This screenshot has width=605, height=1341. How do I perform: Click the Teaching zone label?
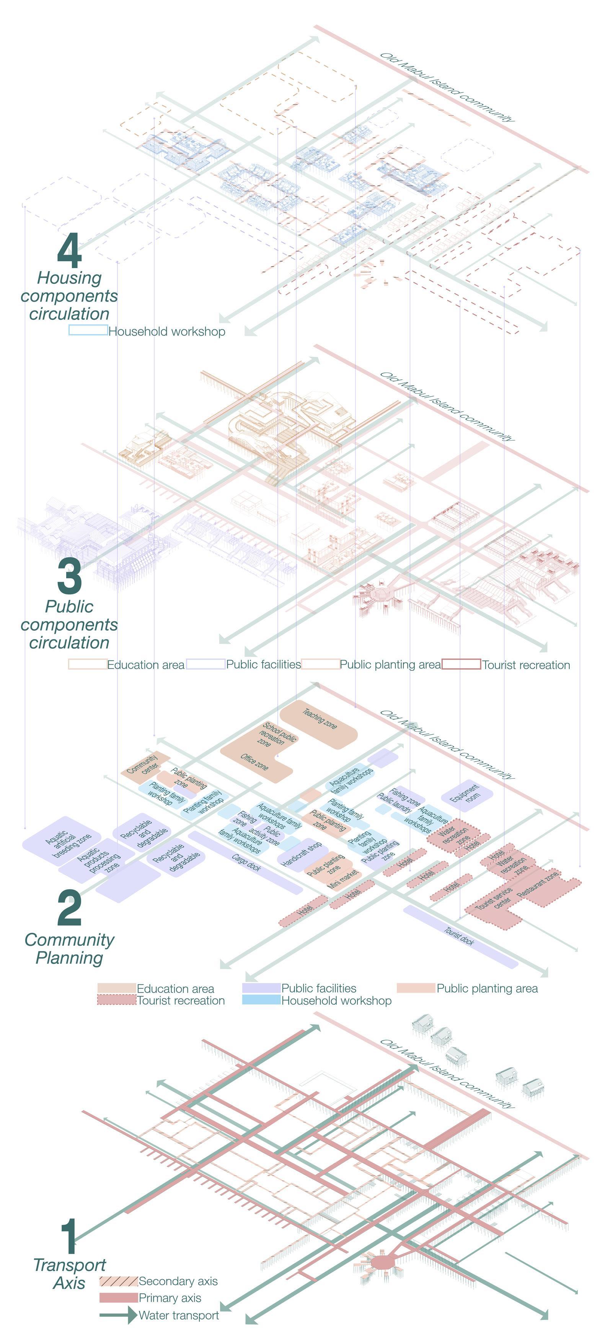click(x=320, y=719)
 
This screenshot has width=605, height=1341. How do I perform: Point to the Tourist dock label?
click(x=459, y=936)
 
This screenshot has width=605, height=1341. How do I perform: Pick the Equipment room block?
click(x=467, y=794)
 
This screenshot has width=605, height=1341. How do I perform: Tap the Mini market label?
click(x=342, y=878)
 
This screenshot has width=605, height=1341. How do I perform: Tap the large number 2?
click(x=69, y=908)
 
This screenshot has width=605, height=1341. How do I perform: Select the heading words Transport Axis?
click(x=69, y=1274)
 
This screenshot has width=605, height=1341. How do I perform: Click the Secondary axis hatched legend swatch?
click(x=118, y=1281)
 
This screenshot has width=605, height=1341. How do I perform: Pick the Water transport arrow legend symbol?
click(x=118, y=1315)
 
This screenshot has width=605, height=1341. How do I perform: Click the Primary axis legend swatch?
click(x=118, y=1298)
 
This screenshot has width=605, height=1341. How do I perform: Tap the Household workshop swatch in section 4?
click(x=88, y=330)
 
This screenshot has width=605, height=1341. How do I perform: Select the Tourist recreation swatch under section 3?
click(x=461, y=664)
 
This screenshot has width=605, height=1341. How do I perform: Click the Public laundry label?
click(x=394, y=803)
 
